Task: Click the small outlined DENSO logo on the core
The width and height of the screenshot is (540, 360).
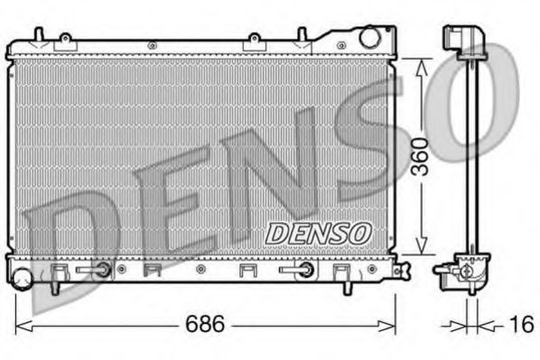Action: click(x=318, y=232)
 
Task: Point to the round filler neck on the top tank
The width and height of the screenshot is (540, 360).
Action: click(x=369, y=38)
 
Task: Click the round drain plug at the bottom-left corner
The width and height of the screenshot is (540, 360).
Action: click(x=20, y=273)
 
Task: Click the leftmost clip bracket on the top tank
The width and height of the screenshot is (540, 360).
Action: click(x=64, y=41)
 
